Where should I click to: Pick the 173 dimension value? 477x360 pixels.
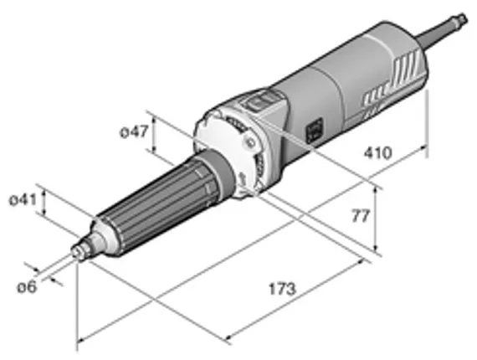282,289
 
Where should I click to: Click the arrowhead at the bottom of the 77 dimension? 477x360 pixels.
378,248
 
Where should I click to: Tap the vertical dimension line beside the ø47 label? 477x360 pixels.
154,131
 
